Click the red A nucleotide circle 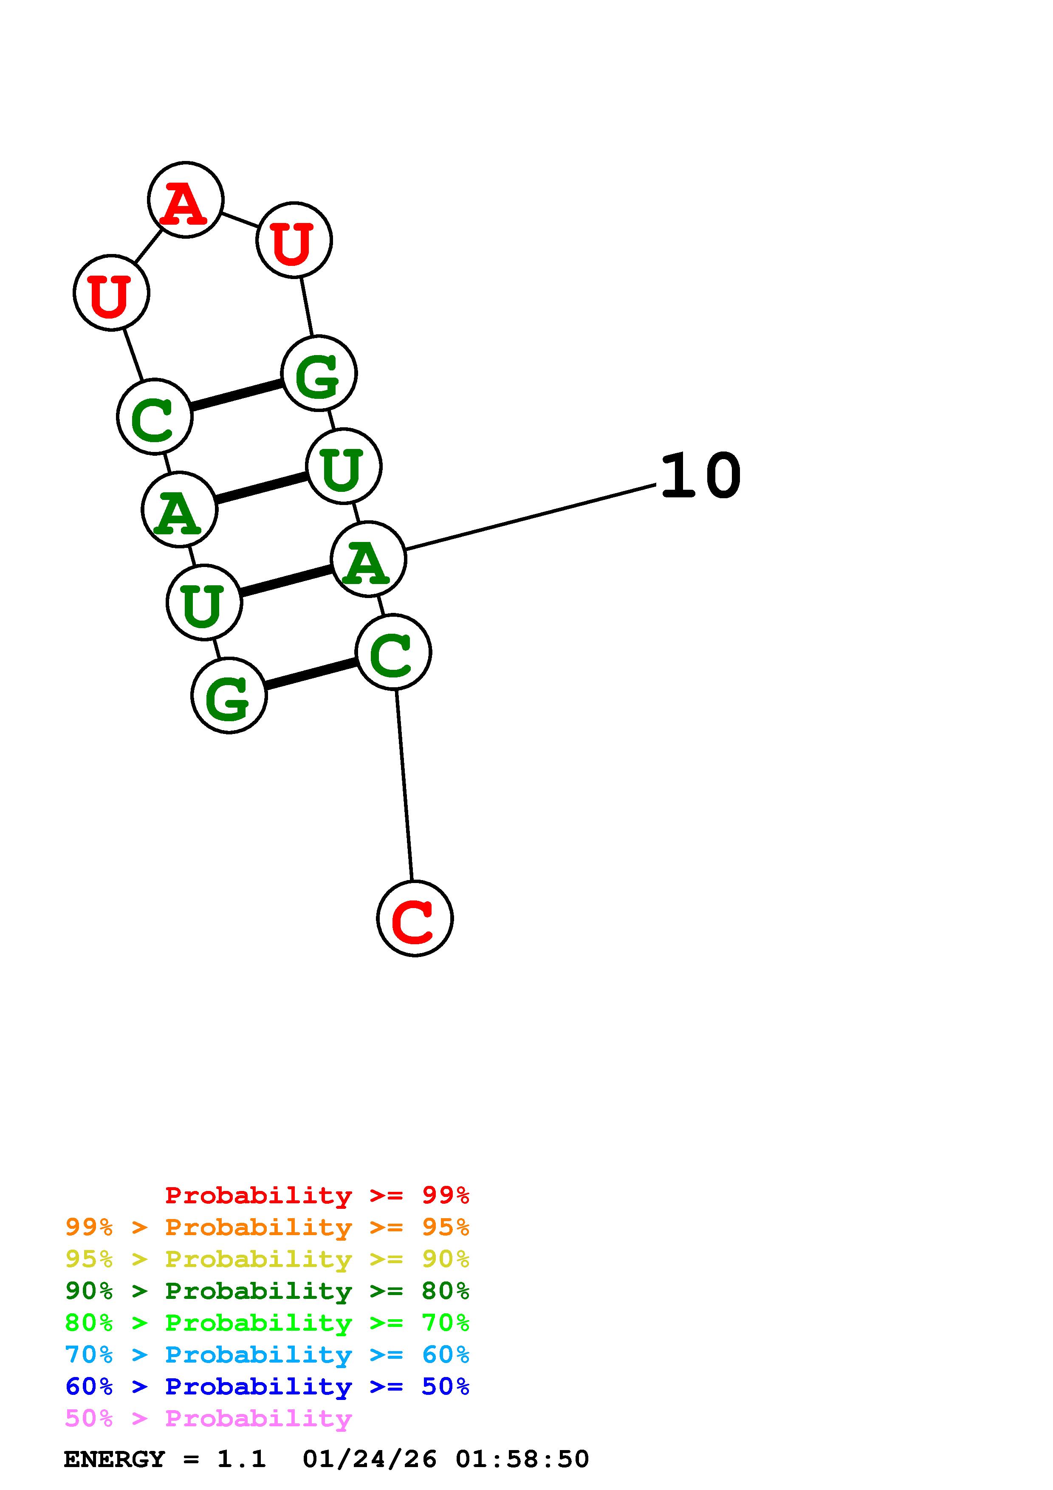(186, 200)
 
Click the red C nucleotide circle (415, 918)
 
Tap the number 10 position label (700, 476)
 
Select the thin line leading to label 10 (531, 516)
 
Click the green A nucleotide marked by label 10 (368, 559)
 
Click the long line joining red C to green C (404, 785)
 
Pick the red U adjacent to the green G (294, 240)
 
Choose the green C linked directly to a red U (155, 417)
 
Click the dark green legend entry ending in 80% (267, 1291)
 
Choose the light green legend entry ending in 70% (267, 1323)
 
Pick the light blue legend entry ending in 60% (267, 1355)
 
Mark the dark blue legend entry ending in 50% (267, 1386)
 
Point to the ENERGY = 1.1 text (165, 1459)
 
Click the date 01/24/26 (370, 1459)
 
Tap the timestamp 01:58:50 (522, 1459)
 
